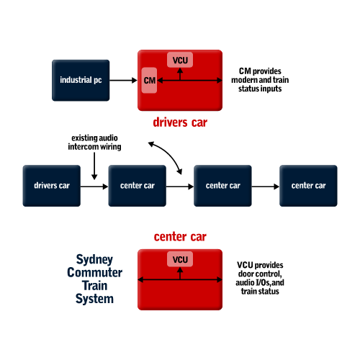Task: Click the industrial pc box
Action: [81, 80]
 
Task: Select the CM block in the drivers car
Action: [149, 80]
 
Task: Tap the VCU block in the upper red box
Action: [180, 60]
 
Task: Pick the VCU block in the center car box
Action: [180, 259]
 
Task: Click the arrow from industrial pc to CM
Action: [123, 80]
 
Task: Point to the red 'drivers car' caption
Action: [180, 122]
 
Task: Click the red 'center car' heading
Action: [180, 237]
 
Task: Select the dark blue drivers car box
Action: [52, 186]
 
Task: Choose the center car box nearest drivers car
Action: [138, 186]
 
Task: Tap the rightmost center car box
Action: [308, 186]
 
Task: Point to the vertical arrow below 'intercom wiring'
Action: [94, 166]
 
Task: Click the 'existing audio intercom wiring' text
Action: [94, 143]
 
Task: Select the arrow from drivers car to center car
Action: [94, 186]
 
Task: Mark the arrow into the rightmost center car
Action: [266, 186]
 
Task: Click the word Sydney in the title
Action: [94, 260]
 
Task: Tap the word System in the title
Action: [94, 299]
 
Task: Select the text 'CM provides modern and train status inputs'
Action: [260, 80]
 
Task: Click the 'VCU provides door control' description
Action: [260, 278]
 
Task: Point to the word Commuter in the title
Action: [94, 273]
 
